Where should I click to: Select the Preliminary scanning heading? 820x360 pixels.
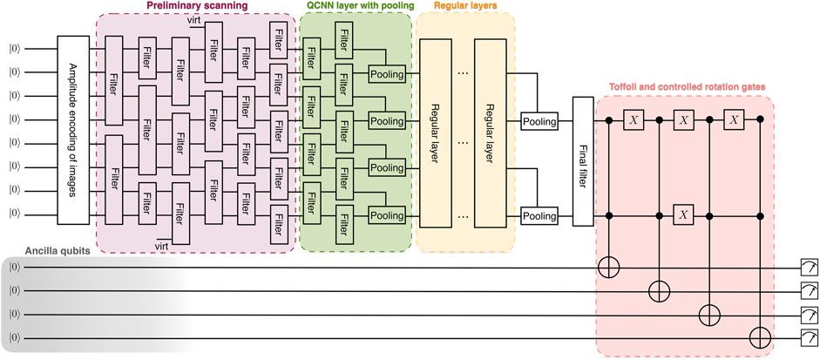coord(198,7)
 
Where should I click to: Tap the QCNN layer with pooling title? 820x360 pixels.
coord(355,7)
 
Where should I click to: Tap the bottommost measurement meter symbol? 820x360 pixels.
coord(809,336)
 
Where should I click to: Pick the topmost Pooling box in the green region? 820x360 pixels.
coord(387,75)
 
